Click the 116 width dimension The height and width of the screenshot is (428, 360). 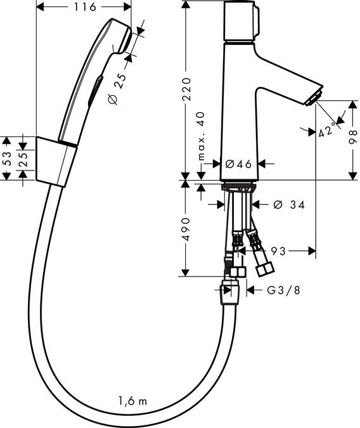point(85,7)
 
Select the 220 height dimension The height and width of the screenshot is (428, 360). point(187,89)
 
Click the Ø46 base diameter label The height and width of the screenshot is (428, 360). point(239,164)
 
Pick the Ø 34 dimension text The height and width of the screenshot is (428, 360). point(289,204)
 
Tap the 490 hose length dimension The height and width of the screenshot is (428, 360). point(186,230)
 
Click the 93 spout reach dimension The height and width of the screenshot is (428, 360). point(278,251)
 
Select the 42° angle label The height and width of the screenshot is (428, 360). point(327,129)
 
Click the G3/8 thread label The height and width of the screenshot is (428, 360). point(283,290)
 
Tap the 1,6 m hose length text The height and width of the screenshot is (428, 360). point(133,401)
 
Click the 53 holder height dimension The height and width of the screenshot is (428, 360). point(7,159)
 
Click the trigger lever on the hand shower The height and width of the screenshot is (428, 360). point(96,90)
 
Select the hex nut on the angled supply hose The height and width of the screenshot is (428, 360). point(265,269)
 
